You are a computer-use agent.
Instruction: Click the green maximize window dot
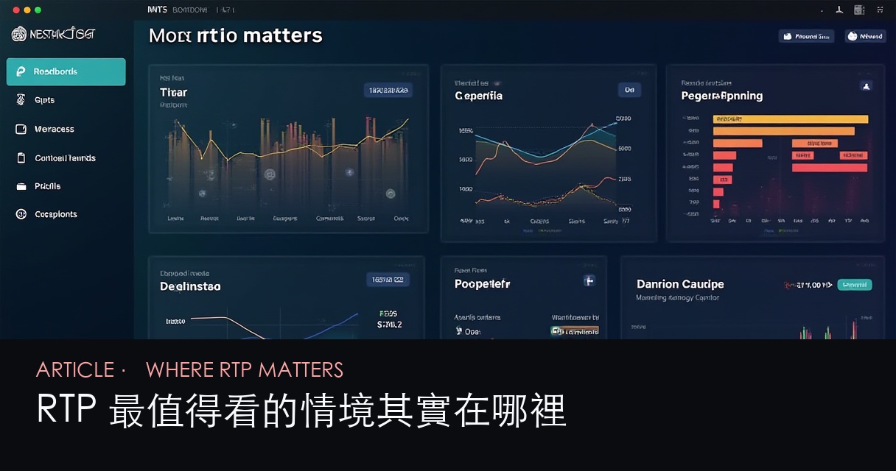click(38, 10)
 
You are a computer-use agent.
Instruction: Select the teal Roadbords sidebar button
click(66, 72)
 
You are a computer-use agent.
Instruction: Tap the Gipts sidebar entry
click(44, 100)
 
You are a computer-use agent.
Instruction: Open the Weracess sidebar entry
click(54, 129)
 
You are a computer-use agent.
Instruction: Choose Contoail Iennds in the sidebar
click(65, 158)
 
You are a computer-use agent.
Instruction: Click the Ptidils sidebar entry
click(47, 186)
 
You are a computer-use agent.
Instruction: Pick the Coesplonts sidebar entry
click(55, 214)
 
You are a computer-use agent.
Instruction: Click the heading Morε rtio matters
click(235, 35)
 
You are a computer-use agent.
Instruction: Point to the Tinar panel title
click(173, 93)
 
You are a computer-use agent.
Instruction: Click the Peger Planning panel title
click(721, 96)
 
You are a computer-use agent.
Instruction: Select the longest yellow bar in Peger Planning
click(790, 119)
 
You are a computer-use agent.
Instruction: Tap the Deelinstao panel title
click(190, 286)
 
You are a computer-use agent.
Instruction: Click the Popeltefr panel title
click(482, 284)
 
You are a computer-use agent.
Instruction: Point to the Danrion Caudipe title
click(679, 284)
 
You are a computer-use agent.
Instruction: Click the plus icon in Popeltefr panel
click(589, 280)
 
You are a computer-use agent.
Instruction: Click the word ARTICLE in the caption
click(74, 369)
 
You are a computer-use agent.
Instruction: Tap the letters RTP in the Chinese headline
click(67, 411)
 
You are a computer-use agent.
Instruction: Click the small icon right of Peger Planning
click(866, 86)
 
